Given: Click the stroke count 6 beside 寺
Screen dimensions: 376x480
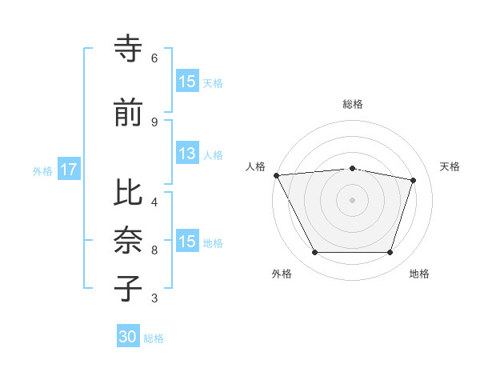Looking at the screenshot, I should coord(154,58).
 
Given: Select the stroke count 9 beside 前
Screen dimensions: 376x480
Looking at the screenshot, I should coord(154,122).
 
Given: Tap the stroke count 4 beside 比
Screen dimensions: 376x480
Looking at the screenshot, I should coord(154,202).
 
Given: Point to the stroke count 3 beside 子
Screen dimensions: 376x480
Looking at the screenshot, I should coord(154,298).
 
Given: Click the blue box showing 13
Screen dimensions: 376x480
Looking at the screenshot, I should coord(187,154).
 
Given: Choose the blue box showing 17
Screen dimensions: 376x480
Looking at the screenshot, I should coord(69,170).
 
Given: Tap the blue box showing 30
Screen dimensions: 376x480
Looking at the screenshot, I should coord(128,338).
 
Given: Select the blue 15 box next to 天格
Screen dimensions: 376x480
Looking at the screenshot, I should coord(187,82).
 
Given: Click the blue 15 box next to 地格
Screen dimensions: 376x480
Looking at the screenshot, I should coord(187,242).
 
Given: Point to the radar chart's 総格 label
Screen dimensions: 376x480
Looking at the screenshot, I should coord(352,104).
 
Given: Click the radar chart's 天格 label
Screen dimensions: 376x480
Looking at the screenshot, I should coord(450,166).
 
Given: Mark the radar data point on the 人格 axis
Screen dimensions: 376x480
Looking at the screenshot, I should coord(276,175).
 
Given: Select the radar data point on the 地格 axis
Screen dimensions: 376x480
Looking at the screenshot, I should coord(390,253).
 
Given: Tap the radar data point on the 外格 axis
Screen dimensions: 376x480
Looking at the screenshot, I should coord(314,253).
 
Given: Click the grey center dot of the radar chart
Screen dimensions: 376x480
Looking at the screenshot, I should coord(352,200).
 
